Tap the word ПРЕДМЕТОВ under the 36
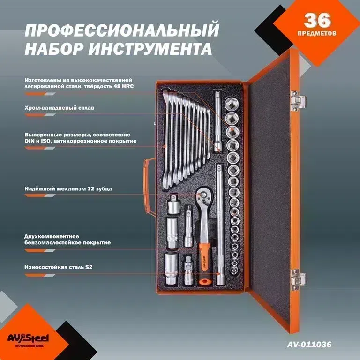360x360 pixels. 317,34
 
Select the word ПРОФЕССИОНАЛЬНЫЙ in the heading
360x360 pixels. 122,31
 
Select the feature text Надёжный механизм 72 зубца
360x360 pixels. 68,189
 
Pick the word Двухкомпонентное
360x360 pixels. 52,236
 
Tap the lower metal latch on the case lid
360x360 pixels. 297,280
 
